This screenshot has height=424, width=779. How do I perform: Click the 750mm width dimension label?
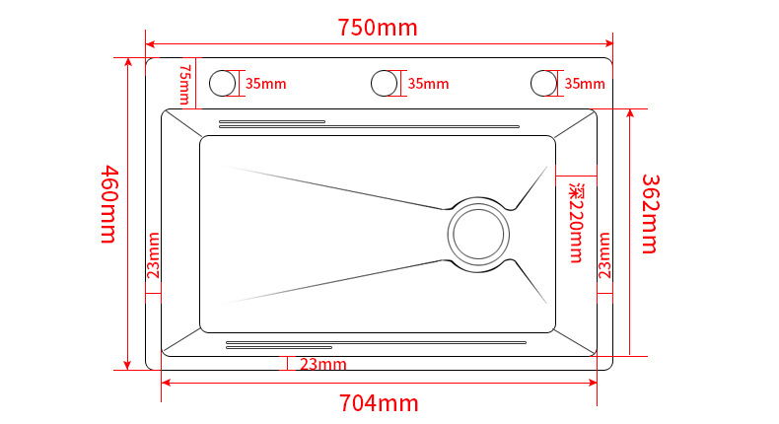[x=379, y=28]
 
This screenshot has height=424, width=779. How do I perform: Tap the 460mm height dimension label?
[x=108, y=205]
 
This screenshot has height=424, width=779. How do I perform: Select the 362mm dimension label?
[x=650, y=214]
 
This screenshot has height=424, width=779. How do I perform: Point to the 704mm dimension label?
[x=379, y=402]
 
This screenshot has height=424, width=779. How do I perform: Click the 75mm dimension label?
[x=183, y=84]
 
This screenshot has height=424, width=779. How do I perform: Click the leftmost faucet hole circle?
[x=224, y=83]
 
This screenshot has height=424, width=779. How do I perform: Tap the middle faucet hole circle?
[x=386, y=83]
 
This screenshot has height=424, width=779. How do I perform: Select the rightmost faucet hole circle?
[x=543, y=83]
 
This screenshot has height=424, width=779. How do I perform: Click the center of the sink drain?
[x=479, y=235]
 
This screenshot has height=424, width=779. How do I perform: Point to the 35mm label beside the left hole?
[x=265, y=84]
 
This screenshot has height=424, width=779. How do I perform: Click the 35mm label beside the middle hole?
[x=427, y=84]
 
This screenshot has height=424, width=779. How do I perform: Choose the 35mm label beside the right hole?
[x=585, y=84]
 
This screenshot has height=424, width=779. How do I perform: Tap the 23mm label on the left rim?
[x=154, y=255]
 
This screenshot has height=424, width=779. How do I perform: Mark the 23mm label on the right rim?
[x=604, y=255]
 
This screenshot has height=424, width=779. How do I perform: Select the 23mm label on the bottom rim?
[x=323, y=365]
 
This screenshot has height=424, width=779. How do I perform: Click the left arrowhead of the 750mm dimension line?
[x=150, y=42]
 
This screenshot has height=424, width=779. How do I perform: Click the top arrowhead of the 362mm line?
[x=629, y=111]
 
